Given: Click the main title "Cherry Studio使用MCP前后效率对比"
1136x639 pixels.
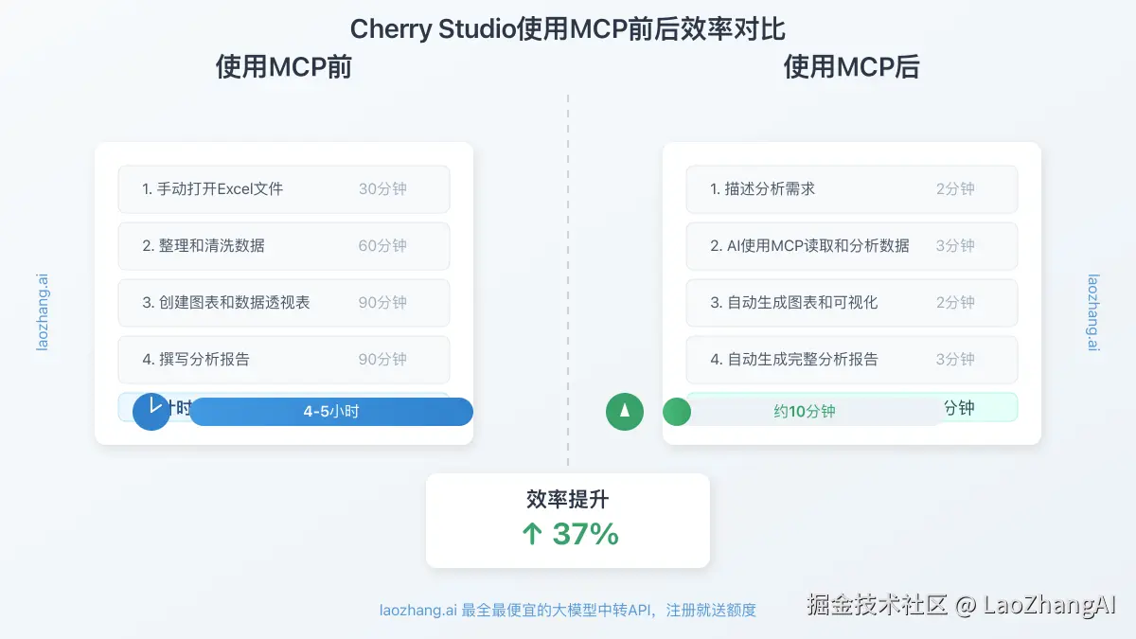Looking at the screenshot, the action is tap(568, 28).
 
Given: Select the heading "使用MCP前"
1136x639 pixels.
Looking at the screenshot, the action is tap(284, 67).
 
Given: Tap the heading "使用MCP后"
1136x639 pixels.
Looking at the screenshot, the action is tap(852, 67).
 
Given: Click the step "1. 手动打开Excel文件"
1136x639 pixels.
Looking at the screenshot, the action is tap(213, 189).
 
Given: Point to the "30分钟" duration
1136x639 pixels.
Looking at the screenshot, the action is tap(382, 189).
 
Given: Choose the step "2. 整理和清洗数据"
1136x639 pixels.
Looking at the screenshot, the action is tap(204, 246).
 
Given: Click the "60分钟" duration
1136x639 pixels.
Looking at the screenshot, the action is tap(382, 246).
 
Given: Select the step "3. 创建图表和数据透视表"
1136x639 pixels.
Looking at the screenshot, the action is tap(226, 303).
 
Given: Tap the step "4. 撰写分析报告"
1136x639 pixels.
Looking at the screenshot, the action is tap(196, 360).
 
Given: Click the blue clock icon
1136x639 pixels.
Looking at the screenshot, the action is tap(151, 412).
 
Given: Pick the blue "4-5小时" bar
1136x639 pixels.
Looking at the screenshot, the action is tap(331, 412).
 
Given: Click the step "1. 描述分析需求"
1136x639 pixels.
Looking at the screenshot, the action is tap(762, 189).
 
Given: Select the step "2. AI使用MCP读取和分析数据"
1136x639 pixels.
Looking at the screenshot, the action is tap(809, 246).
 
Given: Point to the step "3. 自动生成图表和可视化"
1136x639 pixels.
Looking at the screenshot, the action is tap(794, 303).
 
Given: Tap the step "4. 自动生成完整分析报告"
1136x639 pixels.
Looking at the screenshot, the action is tap(794, 360).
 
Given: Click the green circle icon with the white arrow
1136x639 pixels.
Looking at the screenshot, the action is tap(625, 412).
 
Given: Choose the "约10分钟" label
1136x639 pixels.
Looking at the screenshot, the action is tap(805, 412).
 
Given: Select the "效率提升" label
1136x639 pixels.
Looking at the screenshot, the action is tap(568, 500).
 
